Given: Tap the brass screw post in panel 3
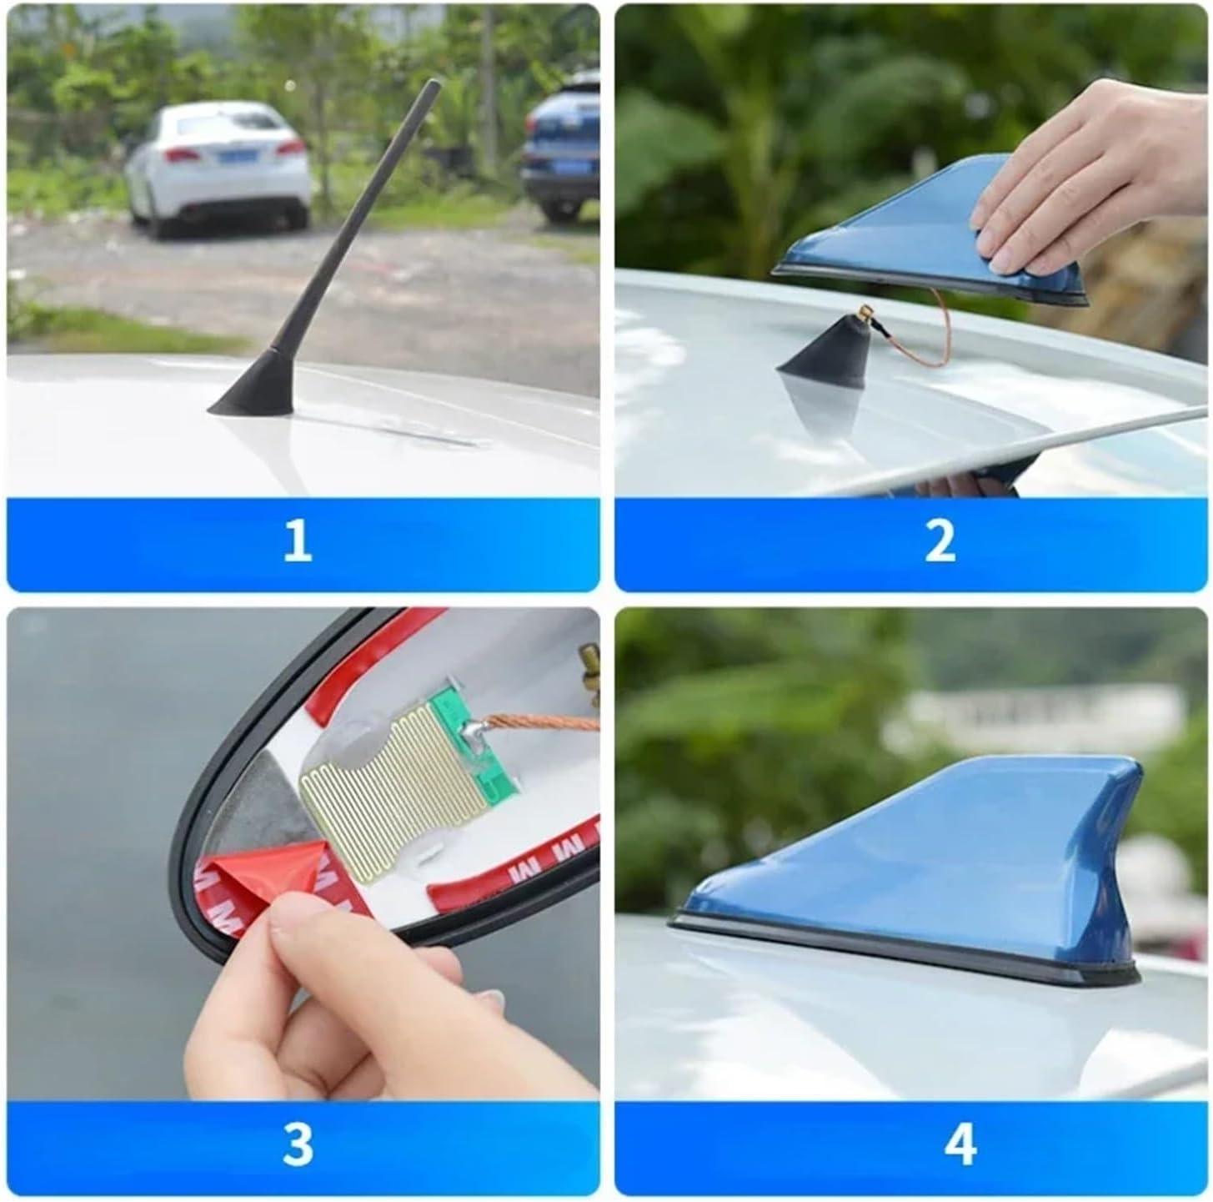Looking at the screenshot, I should [x=590, y=663].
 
